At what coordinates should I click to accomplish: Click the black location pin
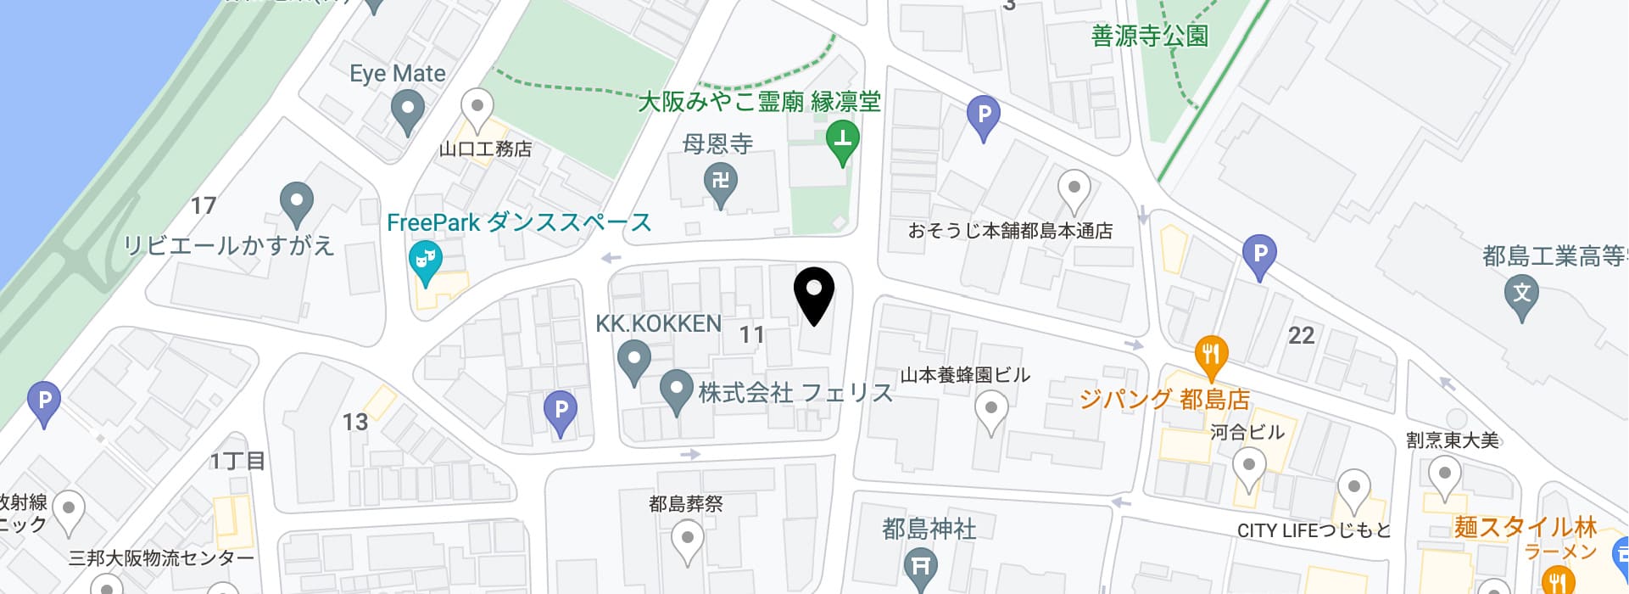tap(813, 293)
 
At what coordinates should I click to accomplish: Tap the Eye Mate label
tap(397, 74)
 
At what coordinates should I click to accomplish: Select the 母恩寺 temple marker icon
tap(721, 182)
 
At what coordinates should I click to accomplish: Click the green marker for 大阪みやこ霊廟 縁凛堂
tap(842, 140)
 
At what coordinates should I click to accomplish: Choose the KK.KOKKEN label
tap(658, 323)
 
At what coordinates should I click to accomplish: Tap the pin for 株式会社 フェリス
tap(676, 391)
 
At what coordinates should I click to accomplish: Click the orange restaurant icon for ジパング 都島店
tap(1211, 356)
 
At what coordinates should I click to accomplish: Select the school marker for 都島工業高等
tap(1521, 294)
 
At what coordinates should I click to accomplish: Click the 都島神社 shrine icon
tap(919, 565)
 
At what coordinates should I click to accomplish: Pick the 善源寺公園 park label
tap(1149, 36)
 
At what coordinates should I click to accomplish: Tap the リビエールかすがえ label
tap(229, 245)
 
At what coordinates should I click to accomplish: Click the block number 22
tap(1301, 335)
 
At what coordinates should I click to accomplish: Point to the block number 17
tap(203, 205)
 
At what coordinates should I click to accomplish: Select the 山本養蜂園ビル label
tap(964, 374)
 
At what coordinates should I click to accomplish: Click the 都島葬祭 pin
tap(687, 537)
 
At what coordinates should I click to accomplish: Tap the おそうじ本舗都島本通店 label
tap(1010, 230)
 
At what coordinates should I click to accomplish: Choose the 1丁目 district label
tap(238, 461)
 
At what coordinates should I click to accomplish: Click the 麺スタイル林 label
tap(1525, 526)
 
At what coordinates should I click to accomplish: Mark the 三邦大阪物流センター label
tap(161, 558)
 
